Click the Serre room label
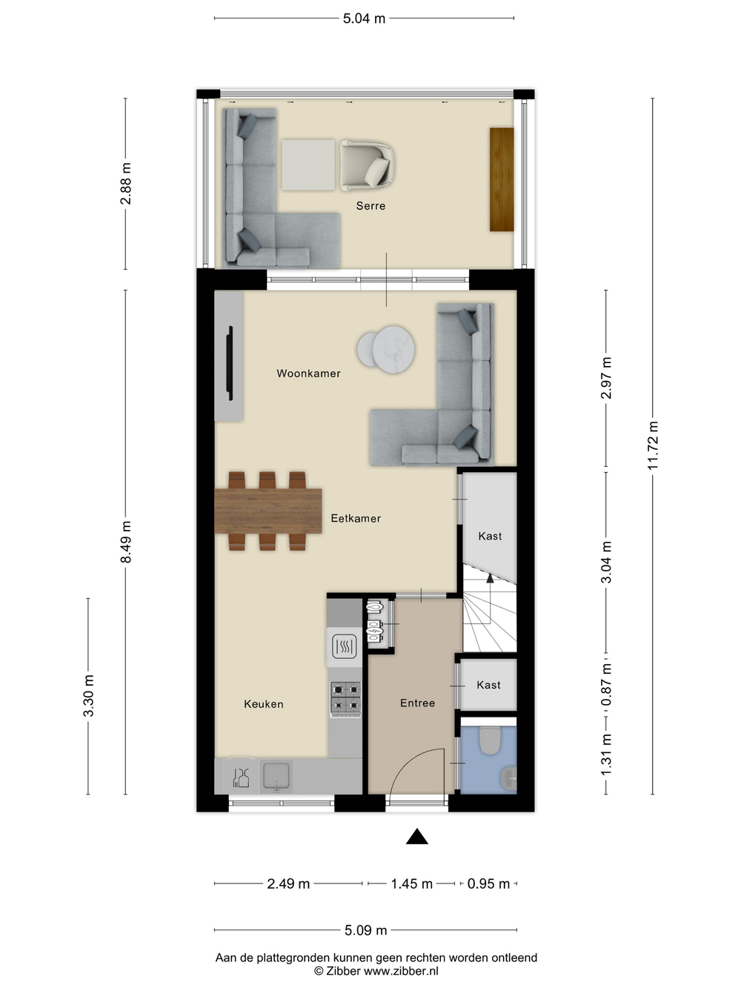coord(370,206)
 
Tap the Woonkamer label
coord(308,373)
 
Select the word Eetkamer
coord(356,518)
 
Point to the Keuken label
coord(264,704)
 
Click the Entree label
coord(417,703)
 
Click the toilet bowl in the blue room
coord(490,740)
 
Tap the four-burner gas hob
coord(345,699)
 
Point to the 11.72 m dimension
coord(653,445)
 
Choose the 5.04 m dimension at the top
coord(364,19)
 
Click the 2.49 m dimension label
coord(288,883)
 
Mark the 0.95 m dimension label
coord(488,883)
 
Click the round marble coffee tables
coord(386,349)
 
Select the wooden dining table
coord(268,511)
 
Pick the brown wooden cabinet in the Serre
coord(502,179)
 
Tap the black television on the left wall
coord(230,363)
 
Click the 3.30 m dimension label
coord(88,696)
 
